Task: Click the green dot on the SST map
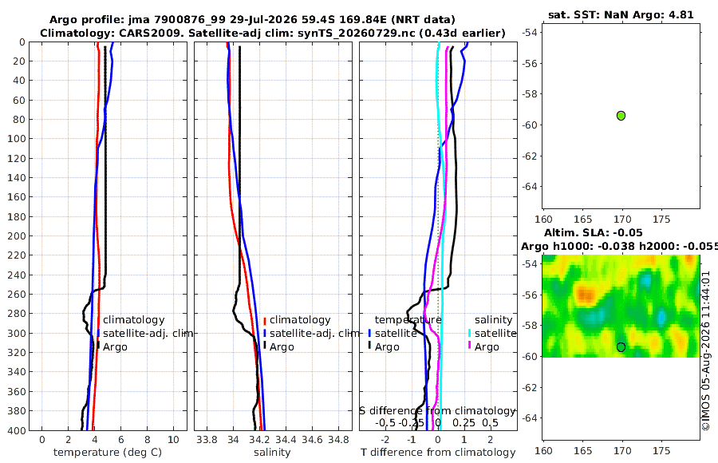click(x=621, y=116)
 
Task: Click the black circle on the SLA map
click(x=621, y=347)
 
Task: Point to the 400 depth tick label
click(x=17, y=430)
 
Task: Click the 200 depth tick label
click(x=17, y=235)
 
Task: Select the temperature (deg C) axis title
click(x=108, y=453)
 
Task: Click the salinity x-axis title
click(x=272, y=453)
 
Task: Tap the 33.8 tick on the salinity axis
click(x=207, y=440)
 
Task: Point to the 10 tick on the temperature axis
click(x=174, y=440)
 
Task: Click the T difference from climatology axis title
click(x=438, y=453)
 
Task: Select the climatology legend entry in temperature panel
click(x=133, y=320)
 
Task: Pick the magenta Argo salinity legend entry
click(x=487, y=347)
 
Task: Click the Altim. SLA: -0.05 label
click(x=593, y=233)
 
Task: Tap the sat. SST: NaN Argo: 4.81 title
click(x=621, y=14)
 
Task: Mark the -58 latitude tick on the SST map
click(x=531, y=94)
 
